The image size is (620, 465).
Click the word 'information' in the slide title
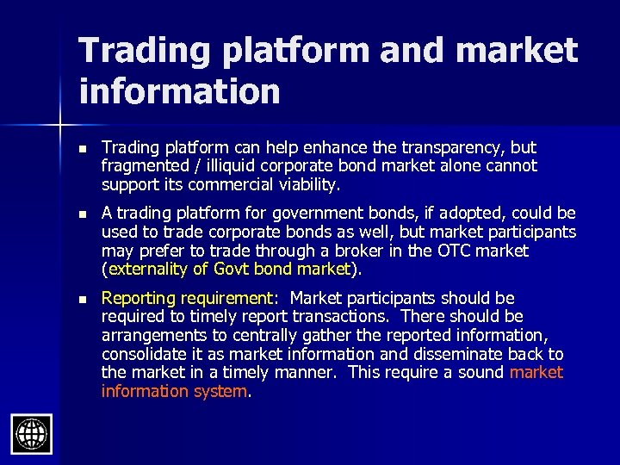point(179,90)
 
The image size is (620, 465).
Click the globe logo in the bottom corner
point(32,433)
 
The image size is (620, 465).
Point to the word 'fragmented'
point(140,165)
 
